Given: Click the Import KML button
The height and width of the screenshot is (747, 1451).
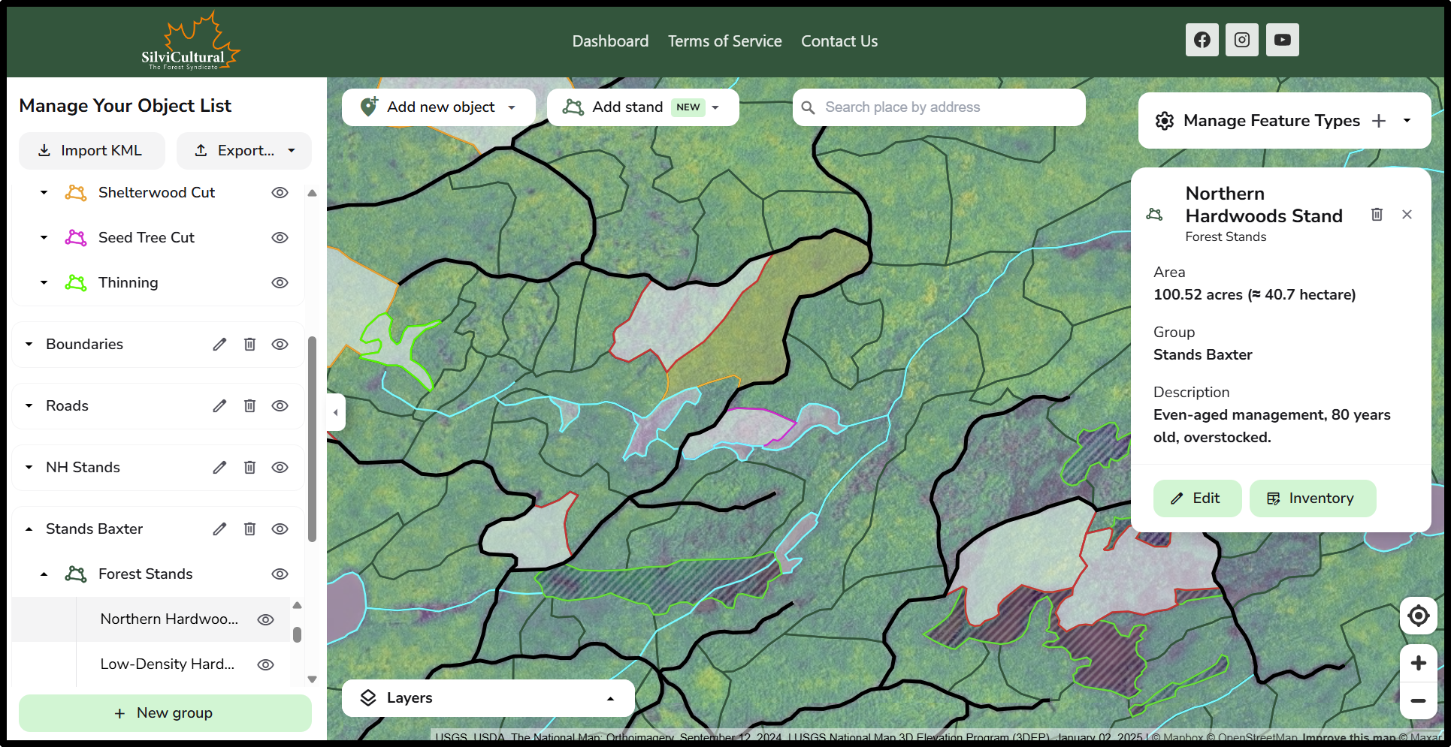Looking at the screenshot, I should (91, 151).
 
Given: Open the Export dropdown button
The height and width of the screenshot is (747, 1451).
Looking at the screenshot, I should (243, 151).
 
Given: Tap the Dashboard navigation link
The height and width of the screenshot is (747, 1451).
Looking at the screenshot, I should (610, 41).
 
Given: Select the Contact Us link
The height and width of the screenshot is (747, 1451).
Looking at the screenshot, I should (839, 41).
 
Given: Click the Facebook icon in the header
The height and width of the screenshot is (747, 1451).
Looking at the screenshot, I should (1202, 40).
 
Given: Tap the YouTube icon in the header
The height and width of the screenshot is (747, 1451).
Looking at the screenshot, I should (1282, 40).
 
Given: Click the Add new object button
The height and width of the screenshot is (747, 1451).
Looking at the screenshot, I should (439, 107).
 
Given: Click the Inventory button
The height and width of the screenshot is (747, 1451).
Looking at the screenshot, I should (1312, 499).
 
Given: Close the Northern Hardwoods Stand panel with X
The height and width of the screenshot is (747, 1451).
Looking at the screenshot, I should (1407, 215).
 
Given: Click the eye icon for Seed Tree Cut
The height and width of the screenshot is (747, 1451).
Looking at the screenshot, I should (280, 238).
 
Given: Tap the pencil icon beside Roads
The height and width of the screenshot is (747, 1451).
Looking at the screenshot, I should (219, 406).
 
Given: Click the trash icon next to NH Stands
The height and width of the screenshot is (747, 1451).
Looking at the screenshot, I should (249, 468).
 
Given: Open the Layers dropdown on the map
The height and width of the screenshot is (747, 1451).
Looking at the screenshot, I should (488, 698).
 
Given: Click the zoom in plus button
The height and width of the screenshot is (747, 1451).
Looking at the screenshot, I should (1418, 663).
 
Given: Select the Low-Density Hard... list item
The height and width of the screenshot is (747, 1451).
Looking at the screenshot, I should (168, 664).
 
